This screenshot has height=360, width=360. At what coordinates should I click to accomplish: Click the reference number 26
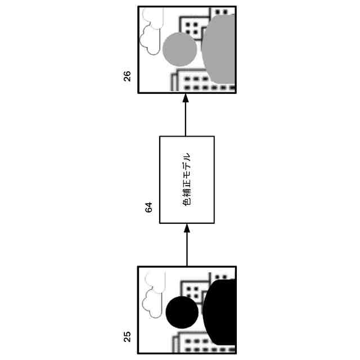(x=127, y=76)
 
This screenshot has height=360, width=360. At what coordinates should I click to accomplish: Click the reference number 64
(x=148, y=208)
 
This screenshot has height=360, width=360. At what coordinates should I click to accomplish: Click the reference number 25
(x=127, y=337)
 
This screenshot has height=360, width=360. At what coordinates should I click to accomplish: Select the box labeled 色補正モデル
(x=187, y=180)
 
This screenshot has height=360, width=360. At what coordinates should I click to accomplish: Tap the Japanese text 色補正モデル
(x=187, y=180)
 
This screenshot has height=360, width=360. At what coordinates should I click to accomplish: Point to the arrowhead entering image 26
(x=186, y=98)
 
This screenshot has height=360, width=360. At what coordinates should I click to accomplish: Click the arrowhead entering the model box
(x=187, y=228)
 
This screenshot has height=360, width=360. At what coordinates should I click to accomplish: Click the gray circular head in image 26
(x=180, y=49)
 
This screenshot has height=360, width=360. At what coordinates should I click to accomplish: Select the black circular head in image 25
(x=182, y=312)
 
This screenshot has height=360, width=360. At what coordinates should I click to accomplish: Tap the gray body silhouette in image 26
(x=219, y=49)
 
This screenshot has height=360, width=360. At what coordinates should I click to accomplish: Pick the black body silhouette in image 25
(x=220, y=312)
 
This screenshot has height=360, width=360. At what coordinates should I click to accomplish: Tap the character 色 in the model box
(x=187, y=202)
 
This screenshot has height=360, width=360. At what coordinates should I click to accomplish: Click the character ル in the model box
(x=187, y=157)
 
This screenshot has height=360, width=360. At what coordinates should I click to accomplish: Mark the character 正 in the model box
(x=187, y=184)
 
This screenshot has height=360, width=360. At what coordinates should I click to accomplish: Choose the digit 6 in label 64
(x=148, y=210)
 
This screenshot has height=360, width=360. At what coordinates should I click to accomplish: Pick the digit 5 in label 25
(x=127, y=334)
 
